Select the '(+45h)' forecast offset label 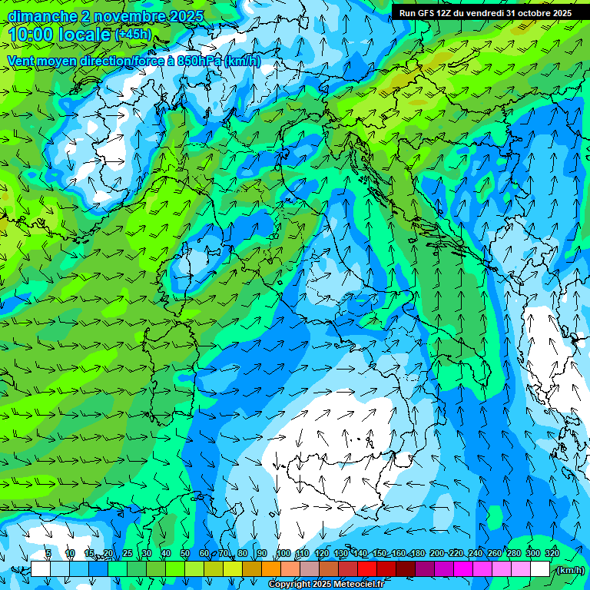click(x=133, y=35)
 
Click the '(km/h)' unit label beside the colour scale click(x=569, y=569)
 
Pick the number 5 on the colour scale click(x=48, y=554)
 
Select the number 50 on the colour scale click(x=185, y=554)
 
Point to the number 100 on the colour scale click(x=283, y=554)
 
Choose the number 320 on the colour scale click(x=552, y=554)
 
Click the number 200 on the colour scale click(x=437, y=554)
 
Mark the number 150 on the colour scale click(x=380, y=554)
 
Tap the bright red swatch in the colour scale click(x=367, y=569)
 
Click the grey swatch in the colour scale click(x=310, y=569)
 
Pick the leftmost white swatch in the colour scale click(x=41, y=569)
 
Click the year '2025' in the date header click(x=186, y=16)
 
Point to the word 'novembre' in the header click(x=125, y=16)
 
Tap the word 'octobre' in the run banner click(x=535, y=13)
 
